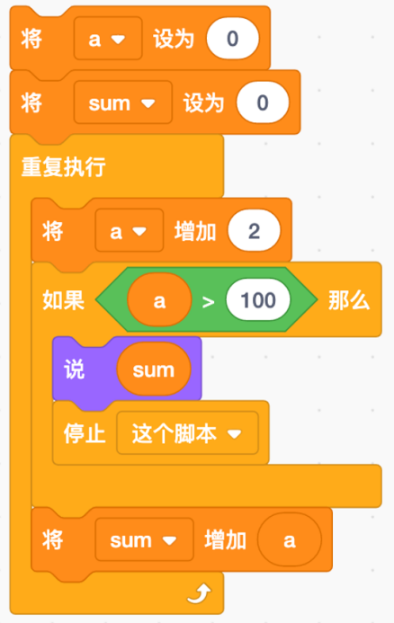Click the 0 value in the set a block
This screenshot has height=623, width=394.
point(233,39)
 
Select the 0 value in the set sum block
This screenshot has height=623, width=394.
point(263,102)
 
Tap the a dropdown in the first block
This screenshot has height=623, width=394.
point(108,39)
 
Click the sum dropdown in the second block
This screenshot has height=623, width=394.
point(123,102)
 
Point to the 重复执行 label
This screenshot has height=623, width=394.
point(63,166)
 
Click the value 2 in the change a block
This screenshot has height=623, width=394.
point(254,231)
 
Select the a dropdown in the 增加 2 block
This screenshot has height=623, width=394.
point(130,230)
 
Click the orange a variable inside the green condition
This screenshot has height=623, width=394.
point(159,300)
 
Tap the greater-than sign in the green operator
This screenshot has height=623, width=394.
point(209,302)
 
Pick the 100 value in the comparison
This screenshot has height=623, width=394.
point(258,299)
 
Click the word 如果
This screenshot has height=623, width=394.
point(63,299)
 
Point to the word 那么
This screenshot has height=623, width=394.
point(349,299)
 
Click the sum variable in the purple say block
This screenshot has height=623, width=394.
point(154,369)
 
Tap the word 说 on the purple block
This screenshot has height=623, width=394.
point(75,369)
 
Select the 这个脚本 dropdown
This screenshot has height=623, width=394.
point(187,432)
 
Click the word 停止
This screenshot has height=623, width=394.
point(85,432)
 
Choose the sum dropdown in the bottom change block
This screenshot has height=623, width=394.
point(144,539)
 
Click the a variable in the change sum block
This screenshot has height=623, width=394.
point(290,539)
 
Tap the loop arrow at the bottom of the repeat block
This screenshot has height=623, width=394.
point(199,593)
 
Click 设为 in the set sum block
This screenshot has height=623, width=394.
point(204,102)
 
